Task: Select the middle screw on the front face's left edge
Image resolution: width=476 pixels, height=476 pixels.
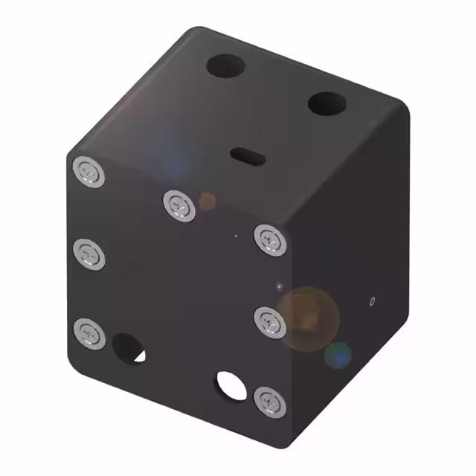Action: [x=89, y=254]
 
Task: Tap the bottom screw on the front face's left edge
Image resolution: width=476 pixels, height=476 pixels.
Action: [x=89, y=331]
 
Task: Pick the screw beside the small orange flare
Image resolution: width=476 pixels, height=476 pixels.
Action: [x=179, y=204]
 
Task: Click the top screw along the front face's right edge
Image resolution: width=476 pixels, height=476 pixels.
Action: [x=269, y=239]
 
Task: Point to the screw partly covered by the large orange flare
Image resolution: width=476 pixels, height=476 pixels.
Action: [x=269, y=321]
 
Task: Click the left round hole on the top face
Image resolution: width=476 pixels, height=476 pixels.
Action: [x=225, y=67]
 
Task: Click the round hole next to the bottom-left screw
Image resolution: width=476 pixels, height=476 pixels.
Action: [x=128, y=348]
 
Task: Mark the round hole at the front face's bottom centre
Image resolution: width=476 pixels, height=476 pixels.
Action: [x=230, y=384]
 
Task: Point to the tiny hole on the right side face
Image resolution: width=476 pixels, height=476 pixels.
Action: [x=372, y=300]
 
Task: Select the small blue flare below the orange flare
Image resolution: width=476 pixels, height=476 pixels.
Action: [x=339, y=356]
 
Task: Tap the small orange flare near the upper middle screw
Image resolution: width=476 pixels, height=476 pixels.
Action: [x=207, y=200]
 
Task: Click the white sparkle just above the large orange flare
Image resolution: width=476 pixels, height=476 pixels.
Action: [x=280, y=286]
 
